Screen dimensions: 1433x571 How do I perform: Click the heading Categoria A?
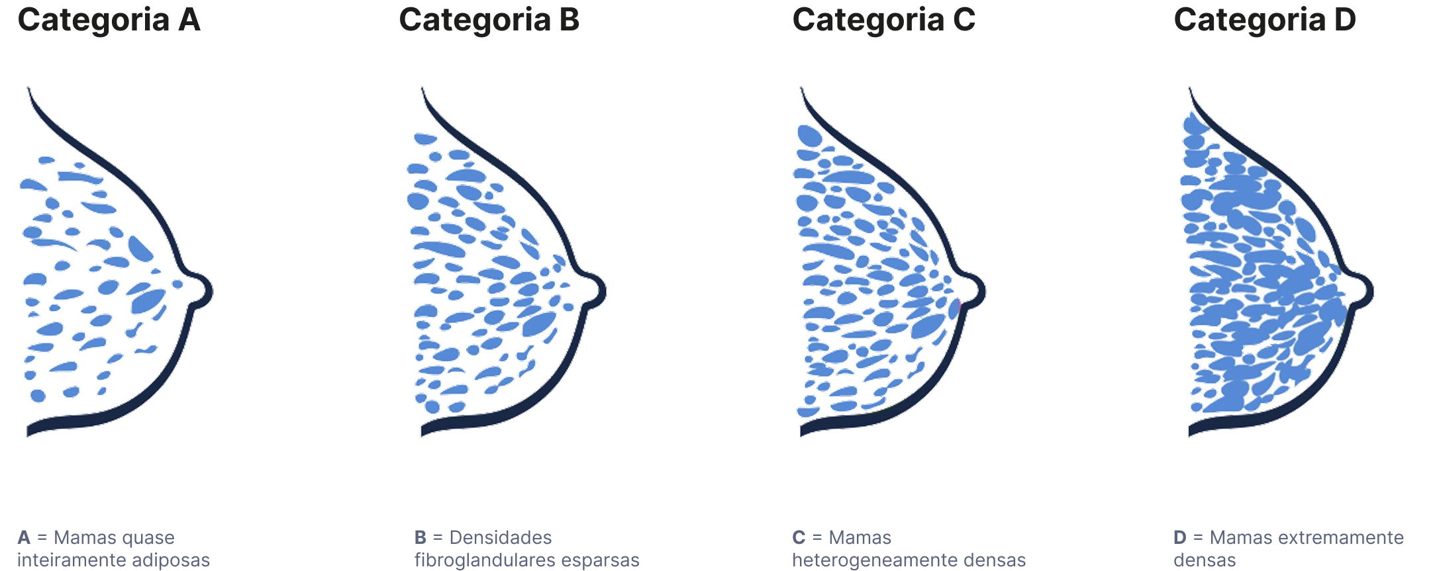click(109, 20)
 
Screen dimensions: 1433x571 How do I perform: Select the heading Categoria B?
click(489, 20)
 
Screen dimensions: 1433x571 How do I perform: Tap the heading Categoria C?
click(883, 20)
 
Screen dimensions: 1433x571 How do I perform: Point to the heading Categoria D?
click(1264, 20)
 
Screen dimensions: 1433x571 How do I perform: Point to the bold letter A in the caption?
click(24, 537)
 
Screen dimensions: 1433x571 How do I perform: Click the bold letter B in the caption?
click(420, 537)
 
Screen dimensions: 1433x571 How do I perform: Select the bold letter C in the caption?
click(799, 537)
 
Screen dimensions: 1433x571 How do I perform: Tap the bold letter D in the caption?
click(1180, 537)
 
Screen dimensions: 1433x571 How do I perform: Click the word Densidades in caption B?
click(501, 537)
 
